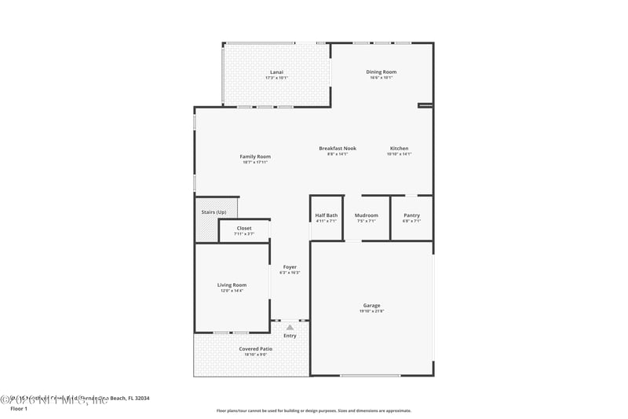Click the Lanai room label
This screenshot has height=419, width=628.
[x=276, y=72]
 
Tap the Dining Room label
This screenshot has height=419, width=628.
[x=381, y=72]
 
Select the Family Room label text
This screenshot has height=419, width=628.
[x=255, y=156]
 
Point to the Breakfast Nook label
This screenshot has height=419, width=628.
[x=338, y=149]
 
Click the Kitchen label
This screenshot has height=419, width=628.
[x=399, y=149]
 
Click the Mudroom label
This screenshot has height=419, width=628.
[x=367, y=215]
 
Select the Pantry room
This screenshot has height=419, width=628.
[x=411, y=215]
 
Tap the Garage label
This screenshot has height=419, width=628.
[x=371, y=305]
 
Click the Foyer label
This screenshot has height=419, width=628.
[x=290, y=266]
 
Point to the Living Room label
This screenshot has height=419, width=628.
[x=232, y=285]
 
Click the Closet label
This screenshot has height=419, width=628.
[x=244, y=228]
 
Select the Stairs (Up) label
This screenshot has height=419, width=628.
[x=214, y=211]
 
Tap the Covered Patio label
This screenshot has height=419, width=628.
[x=255, y=348]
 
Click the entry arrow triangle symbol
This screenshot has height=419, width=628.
[x=290, y=327]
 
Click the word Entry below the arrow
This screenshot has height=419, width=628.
[x=290, y=336]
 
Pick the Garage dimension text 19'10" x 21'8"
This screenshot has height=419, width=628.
[x=371, y=311]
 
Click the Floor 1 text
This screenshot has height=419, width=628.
[x=18, y=409]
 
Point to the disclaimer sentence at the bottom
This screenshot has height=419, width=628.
[x=313, y=410]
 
